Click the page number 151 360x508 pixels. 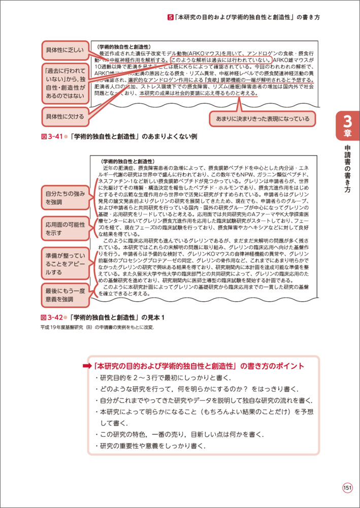pyautogui.click(x=347, y=488)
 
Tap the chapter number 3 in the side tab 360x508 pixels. pyautogui.click(x=347, y=122)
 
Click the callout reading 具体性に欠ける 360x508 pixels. pyautogui.click(x=65, y=116)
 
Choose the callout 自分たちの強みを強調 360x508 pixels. pyautogui.click(x=65, y=198)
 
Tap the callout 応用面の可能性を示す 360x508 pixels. pyautogui.click(x=65, y=228)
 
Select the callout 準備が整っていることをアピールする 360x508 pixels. pyautogui.click(x=65, y=263)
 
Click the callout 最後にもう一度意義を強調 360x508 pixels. pyautogui.click(x=65, y=296)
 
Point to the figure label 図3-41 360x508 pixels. pyautogui.click(x=51, y=137)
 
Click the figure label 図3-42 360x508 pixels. pyautogui.click(x=51, y=317)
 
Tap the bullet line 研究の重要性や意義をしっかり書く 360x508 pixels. pyautogui.click(x=150, y=446)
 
